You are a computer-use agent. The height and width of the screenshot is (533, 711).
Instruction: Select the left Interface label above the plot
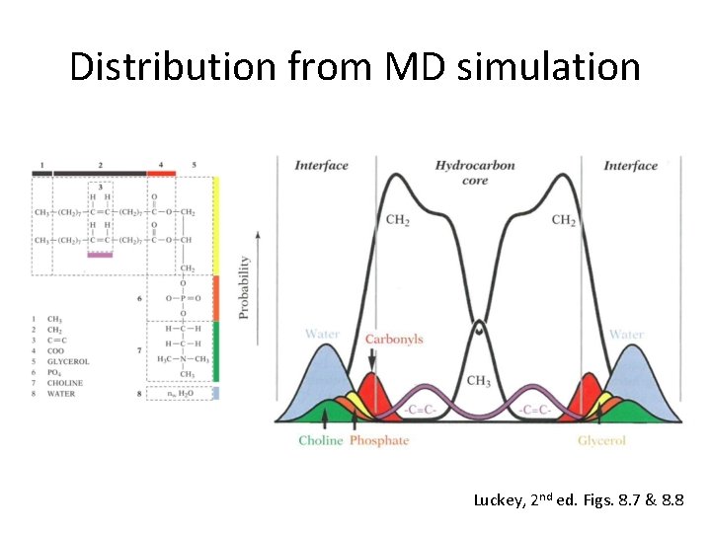pyautogui.click(x=321, y=165)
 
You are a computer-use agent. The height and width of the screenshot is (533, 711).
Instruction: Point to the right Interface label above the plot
pyautogui.click(x=631, y=165)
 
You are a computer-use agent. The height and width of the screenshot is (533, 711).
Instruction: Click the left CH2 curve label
pyautogui.click(x=398, y=219)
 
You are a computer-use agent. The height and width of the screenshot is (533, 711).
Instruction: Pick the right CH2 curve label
pyautogui.click(x=564, y=219)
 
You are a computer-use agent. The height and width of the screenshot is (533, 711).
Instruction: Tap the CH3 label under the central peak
pyautogui.click(x=479, y=381)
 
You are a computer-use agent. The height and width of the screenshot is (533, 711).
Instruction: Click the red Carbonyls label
pyautogui.click(x=393, y=339)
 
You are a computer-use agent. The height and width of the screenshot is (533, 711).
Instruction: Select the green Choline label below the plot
pyautogui.click(x=321, y=440)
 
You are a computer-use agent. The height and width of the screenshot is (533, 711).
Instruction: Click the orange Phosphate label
pyautogui.click(x=379, y=440)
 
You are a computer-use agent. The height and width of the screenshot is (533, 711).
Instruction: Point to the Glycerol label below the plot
pyautogui.click(x=601, y=440)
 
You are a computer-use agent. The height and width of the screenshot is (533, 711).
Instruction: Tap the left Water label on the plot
pyautogui.click(x=322, y=334)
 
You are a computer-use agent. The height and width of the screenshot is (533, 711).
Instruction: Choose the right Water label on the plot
pyautogui.click(x=626, y=334)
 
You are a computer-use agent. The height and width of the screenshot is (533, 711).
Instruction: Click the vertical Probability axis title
pyautogui.click(x=244, y=287)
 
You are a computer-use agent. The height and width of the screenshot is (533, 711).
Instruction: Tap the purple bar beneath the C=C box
pyautogui.click(x=101, y=254)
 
